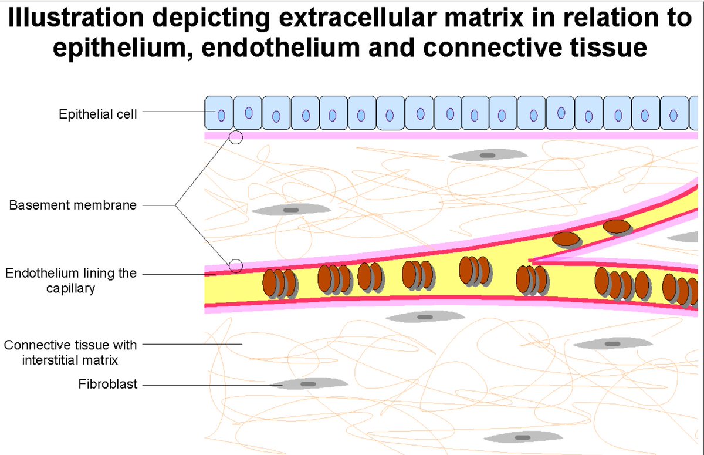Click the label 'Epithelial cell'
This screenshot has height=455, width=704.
click(x=98, y=114)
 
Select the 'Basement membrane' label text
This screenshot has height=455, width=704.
click(x=73, y=205)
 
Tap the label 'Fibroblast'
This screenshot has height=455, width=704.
click(x=108, y=385)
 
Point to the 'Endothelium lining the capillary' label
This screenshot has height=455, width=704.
click(x=70, y=281)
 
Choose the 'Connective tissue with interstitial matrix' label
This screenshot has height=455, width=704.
click(x=70, y=352)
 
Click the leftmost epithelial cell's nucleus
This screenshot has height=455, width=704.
click(x=221, y=115)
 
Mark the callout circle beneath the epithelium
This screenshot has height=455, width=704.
click(x=236, y=137)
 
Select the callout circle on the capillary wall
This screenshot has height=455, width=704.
click(x=236, y=266)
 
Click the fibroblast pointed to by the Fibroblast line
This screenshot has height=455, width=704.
click(x=308, y=384)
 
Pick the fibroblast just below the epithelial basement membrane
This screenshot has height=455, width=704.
click(x=487, y=155)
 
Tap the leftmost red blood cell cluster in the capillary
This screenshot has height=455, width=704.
click(x=279, y=283)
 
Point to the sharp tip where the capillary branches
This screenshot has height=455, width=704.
click(x=531, y=260)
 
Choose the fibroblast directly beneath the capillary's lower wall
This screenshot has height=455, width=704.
click(x=424, y=317)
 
